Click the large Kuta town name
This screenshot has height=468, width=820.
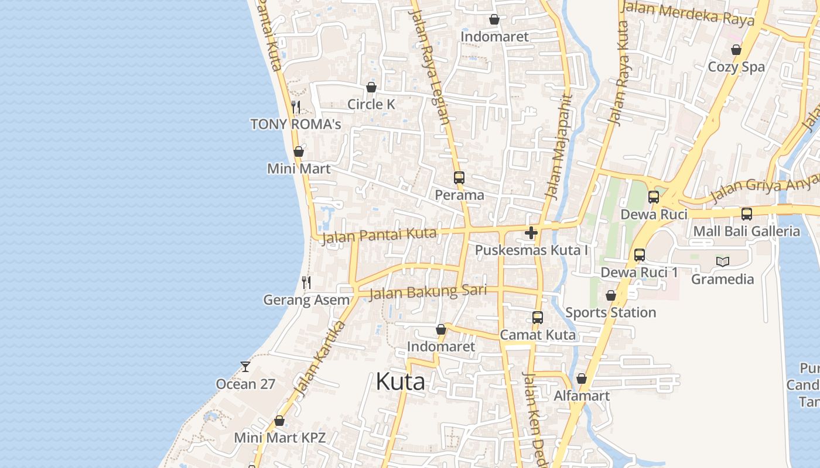click(400, 381)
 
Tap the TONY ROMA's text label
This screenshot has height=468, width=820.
click(295, 124)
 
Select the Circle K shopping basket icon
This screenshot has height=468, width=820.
click(371, 88)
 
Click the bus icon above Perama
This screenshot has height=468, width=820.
click(459, 178)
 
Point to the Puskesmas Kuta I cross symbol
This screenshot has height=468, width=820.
click(531, 233)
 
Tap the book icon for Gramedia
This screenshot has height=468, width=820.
click(723, 261)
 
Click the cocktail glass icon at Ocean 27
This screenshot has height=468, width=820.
click(245, 367)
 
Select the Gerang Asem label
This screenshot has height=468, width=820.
click(306, 300)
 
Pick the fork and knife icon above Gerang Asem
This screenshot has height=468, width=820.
click(306, 283)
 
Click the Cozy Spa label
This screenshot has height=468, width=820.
click(736, 67)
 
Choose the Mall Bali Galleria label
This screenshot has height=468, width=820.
click(746, 231)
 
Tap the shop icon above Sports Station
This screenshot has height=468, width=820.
click(610, 295)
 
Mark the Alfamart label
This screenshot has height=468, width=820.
click(582, 396)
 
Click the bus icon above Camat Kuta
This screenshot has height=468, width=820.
click(537, 318)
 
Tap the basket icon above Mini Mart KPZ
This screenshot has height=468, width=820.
click(279, 421)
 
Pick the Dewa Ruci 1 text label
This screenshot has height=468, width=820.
click(639, 273)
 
